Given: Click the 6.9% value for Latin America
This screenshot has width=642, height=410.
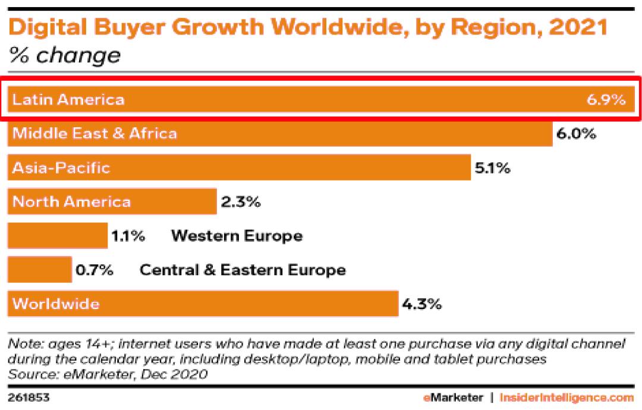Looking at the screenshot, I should pos(606,99).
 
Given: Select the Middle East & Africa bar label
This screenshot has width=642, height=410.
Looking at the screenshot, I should pos(95,133).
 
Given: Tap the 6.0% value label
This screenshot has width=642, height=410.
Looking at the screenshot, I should pos(576,134).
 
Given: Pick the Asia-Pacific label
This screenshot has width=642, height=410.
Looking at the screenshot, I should pos(61,168).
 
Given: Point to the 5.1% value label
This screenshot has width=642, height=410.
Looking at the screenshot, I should pos(492,168).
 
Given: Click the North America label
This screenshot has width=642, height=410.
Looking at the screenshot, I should pos(71,201).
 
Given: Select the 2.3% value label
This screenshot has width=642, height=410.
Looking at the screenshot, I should pos(240,202).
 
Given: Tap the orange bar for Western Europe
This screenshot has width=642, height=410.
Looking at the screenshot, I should pos(57,236).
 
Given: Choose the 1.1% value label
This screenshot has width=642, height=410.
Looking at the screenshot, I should pos(128,236).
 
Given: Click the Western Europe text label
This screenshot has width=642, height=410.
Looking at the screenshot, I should pos(237,236).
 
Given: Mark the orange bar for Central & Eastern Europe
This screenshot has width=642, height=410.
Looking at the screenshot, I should pos(39,270).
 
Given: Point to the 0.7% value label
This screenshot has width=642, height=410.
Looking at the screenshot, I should pos(94,270).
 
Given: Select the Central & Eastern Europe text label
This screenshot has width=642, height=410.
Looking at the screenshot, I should pos(243,270).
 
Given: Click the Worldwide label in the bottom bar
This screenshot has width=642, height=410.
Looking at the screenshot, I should pos(56,304).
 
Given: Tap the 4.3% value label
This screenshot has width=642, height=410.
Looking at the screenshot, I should pos(421,305).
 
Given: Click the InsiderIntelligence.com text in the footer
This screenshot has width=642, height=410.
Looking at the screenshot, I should pos(567,397).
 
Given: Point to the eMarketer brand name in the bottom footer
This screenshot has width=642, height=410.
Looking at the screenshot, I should pos(453,397).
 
